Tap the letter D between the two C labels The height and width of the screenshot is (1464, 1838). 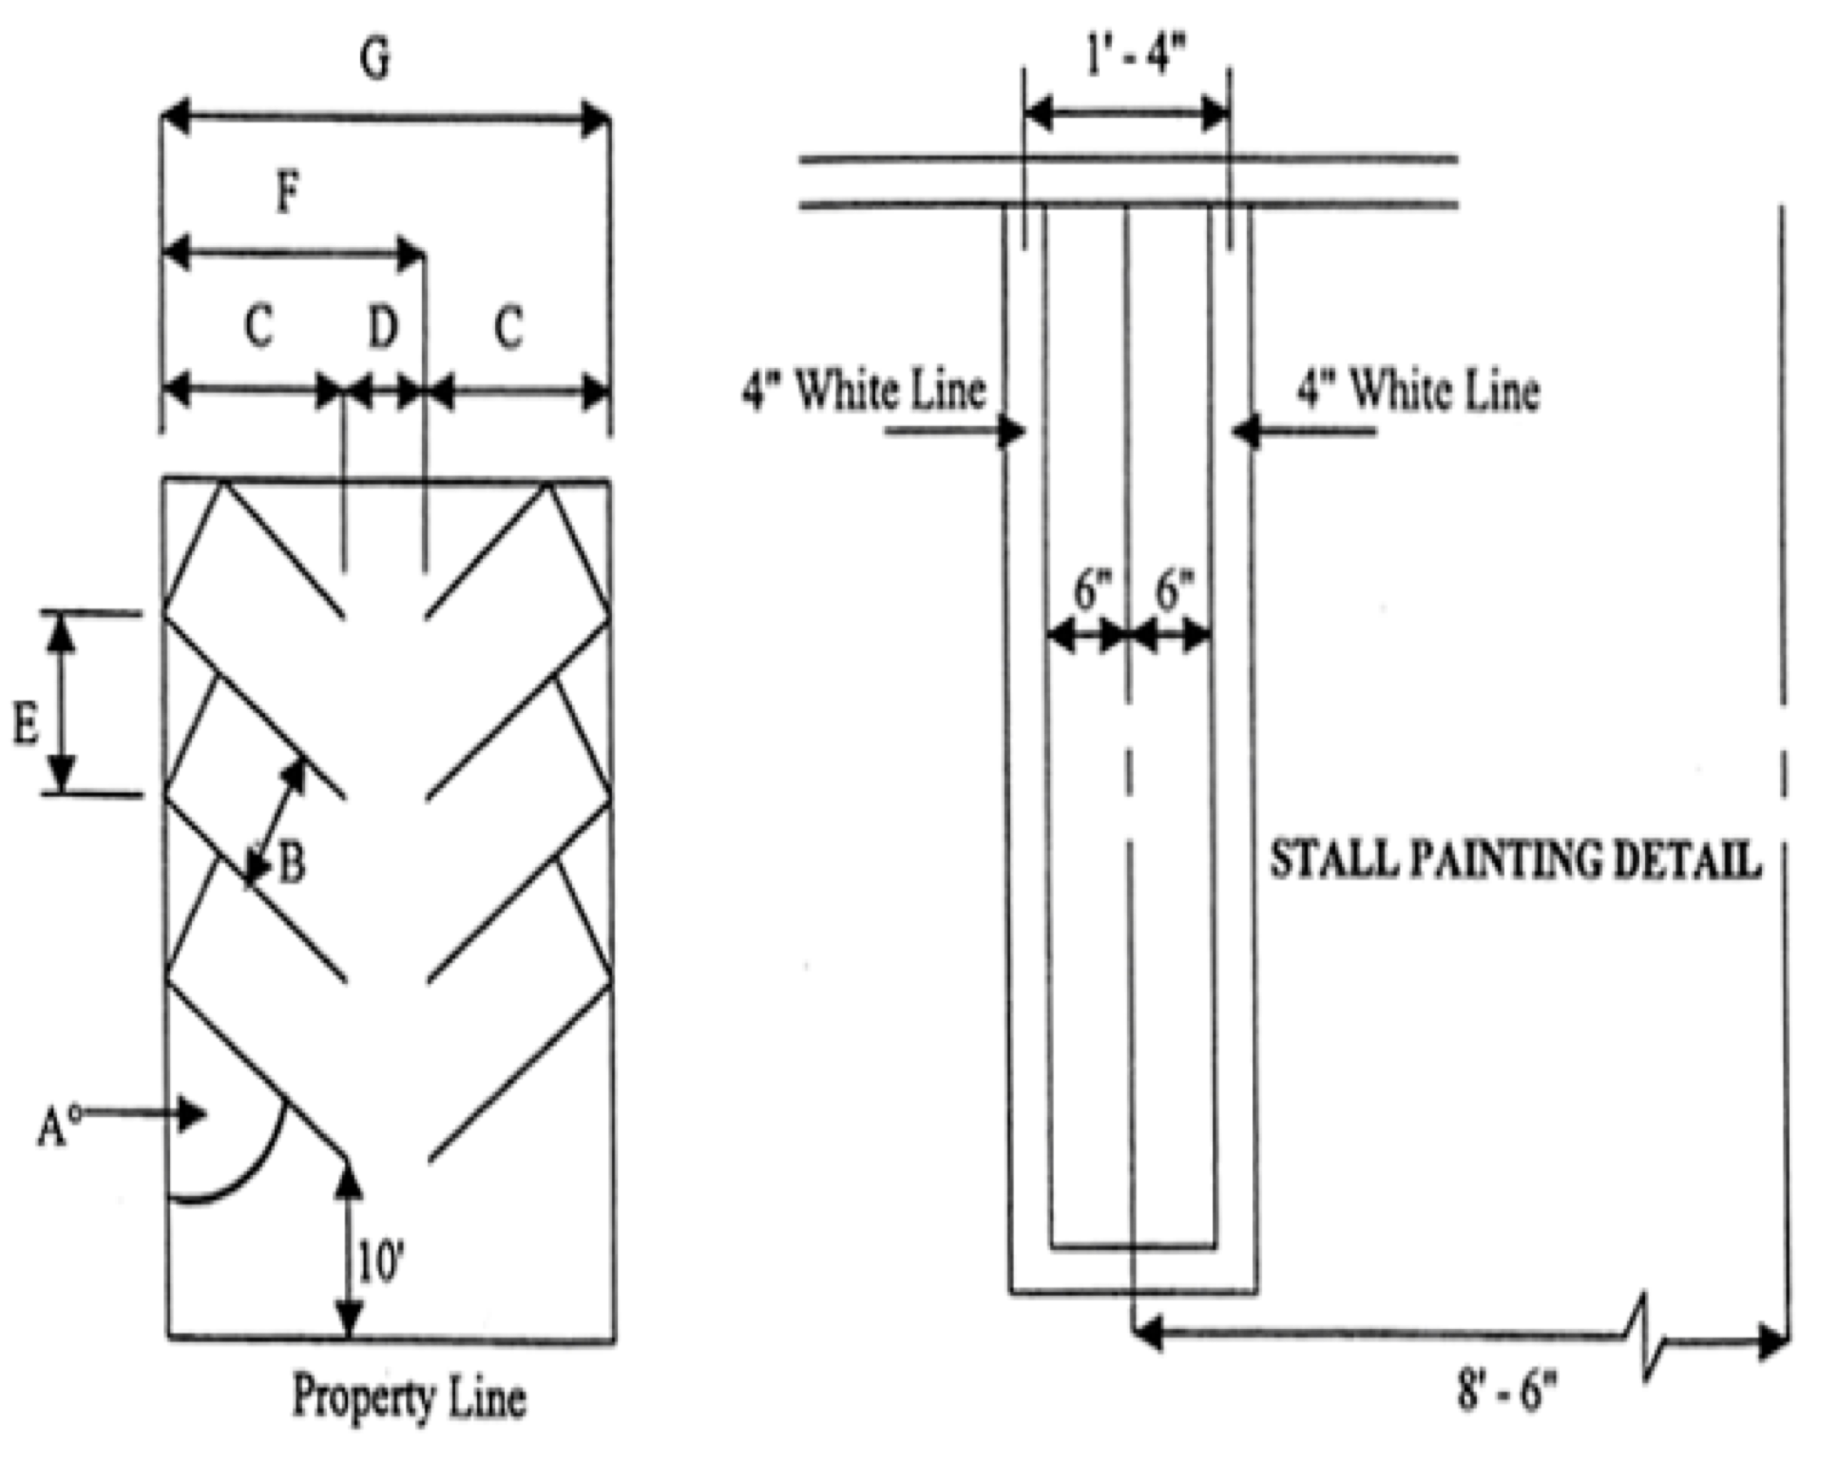click(x=383, y=328)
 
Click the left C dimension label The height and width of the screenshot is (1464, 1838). click(x=259, y=326)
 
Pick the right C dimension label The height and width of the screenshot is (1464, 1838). click(x=508, y=329)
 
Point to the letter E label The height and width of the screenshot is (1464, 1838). click(x=25, y=724)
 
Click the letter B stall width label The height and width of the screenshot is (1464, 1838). click(x=291, y=864)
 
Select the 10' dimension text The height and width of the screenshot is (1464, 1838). click(x=381, y=1263)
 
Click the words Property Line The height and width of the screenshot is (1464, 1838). click(x=409, y=1397)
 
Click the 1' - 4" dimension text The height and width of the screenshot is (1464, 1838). click(x=1136, y=57)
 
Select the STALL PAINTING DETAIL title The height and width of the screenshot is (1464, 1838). click(x=1515, y=860)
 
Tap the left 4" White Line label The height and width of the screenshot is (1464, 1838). click(x=864, y=391)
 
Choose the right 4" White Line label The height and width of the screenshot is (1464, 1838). click(x=1419, y=391)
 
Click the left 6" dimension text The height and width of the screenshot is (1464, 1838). click(x=1092, y=591)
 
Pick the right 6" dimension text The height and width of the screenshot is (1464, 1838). click(x=1174, y=591)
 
